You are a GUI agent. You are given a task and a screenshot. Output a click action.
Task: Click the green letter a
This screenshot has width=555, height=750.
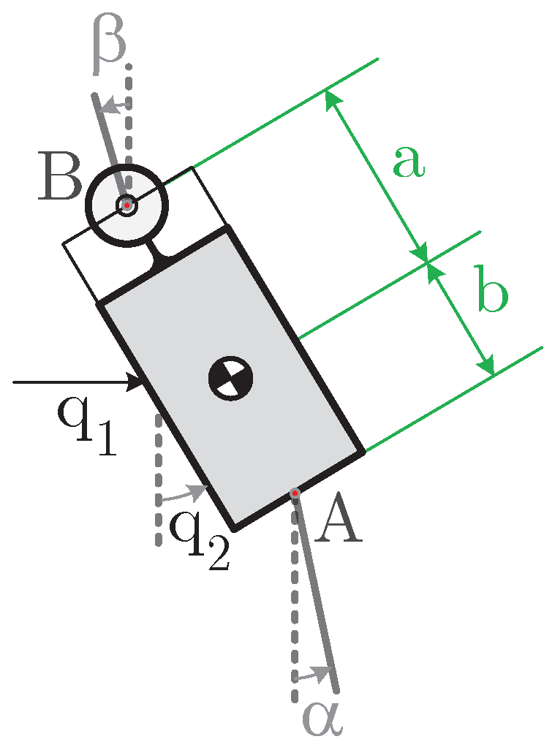tap(408, 162)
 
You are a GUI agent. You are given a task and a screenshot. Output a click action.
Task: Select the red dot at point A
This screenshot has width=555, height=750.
tap(294, 495)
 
